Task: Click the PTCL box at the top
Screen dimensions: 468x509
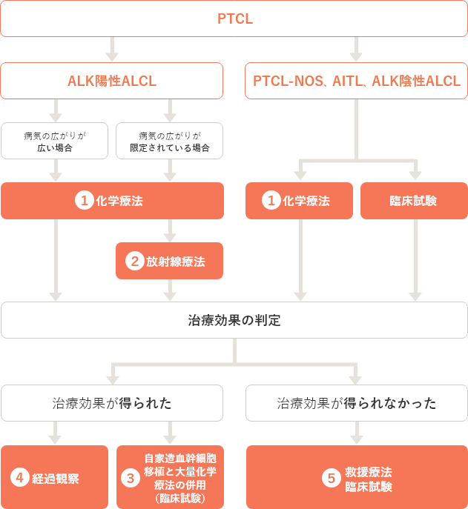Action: click(x=234, y=19)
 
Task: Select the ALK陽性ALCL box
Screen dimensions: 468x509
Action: click(x=112, y=81)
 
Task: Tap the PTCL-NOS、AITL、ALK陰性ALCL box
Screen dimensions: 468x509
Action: click(x=356, y=81)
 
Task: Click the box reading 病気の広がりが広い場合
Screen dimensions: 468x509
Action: click(x=55, y=141)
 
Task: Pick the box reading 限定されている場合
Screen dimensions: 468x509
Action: click(x=169, y=141)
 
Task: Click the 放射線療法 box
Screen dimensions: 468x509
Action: click(x=169, y=261)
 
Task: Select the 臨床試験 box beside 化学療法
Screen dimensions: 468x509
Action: click(x=414, y=201)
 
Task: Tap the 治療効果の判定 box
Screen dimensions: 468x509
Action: click(x=234, y=320)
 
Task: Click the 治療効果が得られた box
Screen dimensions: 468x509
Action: click(x=112, y=403)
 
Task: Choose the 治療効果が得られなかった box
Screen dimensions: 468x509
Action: click(x=357, y=403)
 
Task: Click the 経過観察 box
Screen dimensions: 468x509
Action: click(x=55, y=477)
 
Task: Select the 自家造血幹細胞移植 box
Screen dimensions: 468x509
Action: click(x=170, y=477)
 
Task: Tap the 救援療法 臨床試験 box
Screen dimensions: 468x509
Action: click(x=357, y=477)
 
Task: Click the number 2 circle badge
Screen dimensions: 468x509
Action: click(x=134, y=261)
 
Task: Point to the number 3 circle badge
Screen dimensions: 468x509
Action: click(x=131, y=478)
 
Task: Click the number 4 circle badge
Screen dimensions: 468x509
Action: click(x=20, y=478)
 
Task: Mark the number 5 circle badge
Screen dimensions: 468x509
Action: click(x=332, y=478)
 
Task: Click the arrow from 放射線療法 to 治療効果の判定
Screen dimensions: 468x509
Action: click(x=170, y=290)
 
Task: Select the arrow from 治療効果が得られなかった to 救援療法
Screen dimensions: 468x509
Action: click(x=357, y=433)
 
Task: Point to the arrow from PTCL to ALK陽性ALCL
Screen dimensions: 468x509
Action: click(x=112, y=49)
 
